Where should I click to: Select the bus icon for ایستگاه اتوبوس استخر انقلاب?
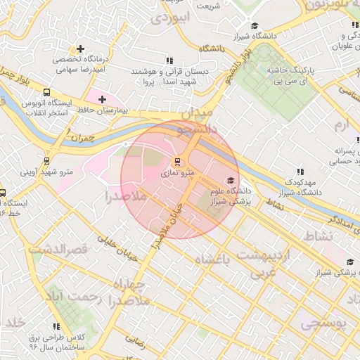46,93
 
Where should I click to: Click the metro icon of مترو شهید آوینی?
47,160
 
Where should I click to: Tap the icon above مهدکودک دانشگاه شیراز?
300,172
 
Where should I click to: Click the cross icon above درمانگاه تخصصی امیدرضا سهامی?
82,49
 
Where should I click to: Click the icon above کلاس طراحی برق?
56,326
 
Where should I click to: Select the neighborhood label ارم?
341,125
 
